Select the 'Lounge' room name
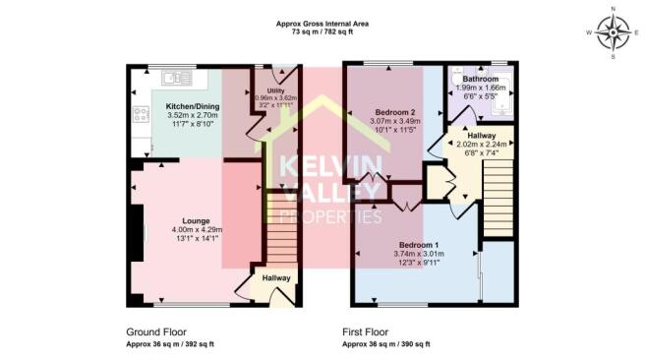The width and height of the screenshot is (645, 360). pos(197,220)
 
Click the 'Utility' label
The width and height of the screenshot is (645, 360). pos(262,90)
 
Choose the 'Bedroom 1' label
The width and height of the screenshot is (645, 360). pos(419,243)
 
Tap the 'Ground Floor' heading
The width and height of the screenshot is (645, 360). pos(156,331)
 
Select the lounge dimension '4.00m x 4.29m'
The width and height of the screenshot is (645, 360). pos(197,230)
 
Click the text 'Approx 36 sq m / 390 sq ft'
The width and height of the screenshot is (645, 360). pos(386,344)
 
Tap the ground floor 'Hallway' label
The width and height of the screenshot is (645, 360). pos(276,278)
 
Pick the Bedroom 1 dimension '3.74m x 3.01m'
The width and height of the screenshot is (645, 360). pos(419,253)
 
